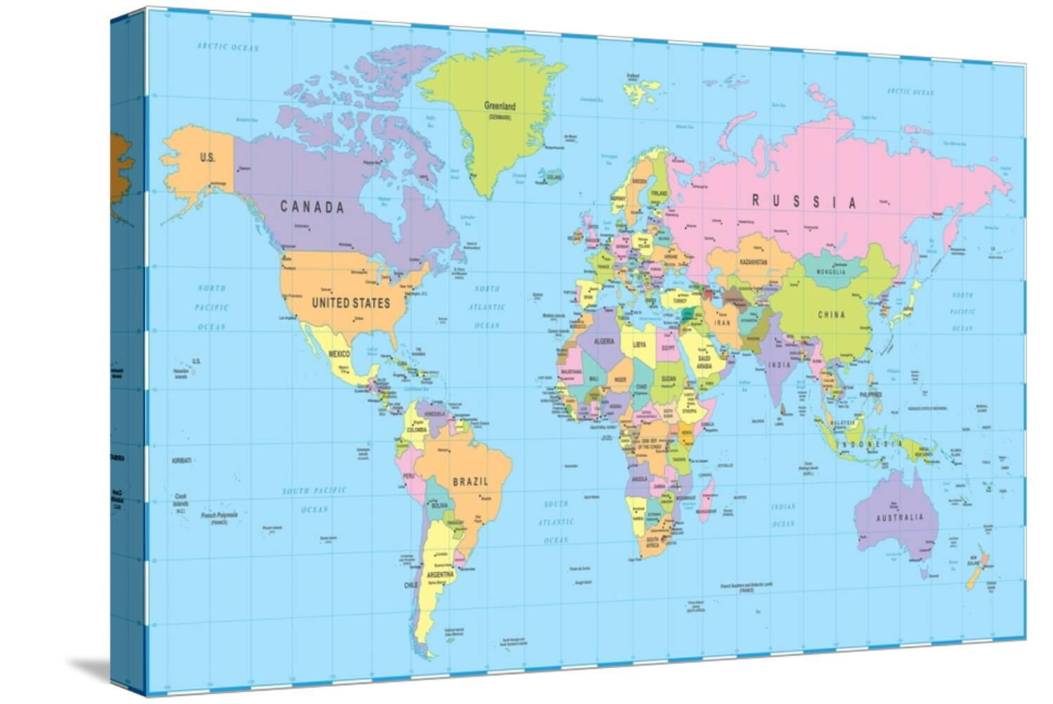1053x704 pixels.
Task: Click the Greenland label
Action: coord(499,106)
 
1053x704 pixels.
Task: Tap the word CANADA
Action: coord(312,207)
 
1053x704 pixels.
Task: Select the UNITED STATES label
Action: coord(350,303)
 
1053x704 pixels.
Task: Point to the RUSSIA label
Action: coord(804,202)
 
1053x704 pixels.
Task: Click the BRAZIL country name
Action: coord(470,481)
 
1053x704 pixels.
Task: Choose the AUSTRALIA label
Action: coord(899,517)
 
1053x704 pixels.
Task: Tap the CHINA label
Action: coord(831,314)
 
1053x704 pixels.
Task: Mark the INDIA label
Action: coord(779,365)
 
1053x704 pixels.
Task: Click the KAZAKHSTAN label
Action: coord(753,263)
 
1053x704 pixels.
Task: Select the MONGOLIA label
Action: coord(830,272)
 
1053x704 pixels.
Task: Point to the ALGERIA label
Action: coord(604,342)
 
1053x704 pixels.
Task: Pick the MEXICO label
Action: coord(339,354)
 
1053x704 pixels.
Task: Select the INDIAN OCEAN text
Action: coord(783,515)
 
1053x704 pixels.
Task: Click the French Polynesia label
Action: coord(219,515)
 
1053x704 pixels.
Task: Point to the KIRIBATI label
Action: coord(181,460)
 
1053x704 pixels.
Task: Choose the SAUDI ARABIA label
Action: coord(703,362)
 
